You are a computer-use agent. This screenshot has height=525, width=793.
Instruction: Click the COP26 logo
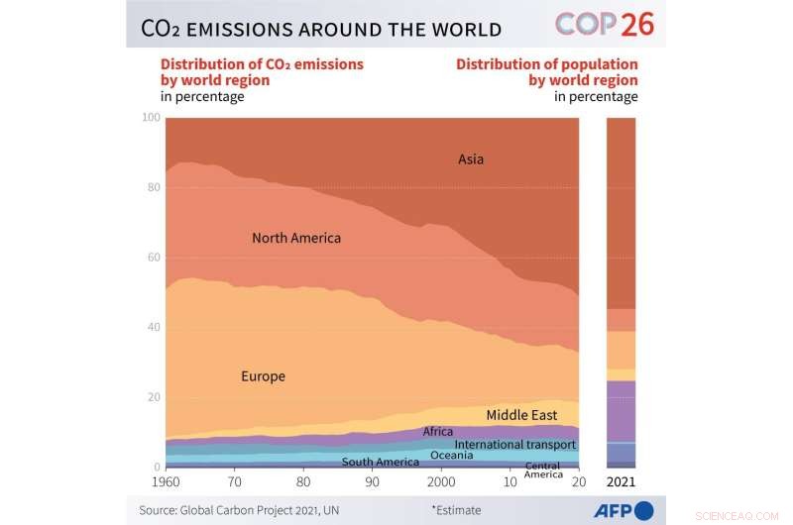click(x=605, y=24)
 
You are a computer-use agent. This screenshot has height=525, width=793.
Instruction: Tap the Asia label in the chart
click(x=471, y=158)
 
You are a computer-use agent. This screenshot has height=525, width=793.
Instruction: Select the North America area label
click(x=296, y=238)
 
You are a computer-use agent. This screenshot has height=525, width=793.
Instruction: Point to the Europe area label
click(x=263, y=376)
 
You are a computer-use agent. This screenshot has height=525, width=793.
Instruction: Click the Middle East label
click(x=521, y=416)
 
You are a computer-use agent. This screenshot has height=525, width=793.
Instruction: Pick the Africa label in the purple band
click(x=438, y=432)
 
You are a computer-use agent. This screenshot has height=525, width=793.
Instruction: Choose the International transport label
click(x=514, y=445)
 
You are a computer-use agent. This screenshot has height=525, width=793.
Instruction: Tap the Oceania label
click(x=452, y=456)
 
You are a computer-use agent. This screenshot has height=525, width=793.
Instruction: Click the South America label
click(x=380, y=462)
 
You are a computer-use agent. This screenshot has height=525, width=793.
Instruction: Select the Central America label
click(x=542, y=470)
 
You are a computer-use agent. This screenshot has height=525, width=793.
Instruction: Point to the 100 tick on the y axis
click(x=150, y=118)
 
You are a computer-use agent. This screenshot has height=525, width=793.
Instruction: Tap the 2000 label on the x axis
click(x=441, y=482)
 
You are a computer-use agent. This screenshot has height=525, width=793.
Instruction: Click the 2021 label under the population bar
click(x=621, y=482)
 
